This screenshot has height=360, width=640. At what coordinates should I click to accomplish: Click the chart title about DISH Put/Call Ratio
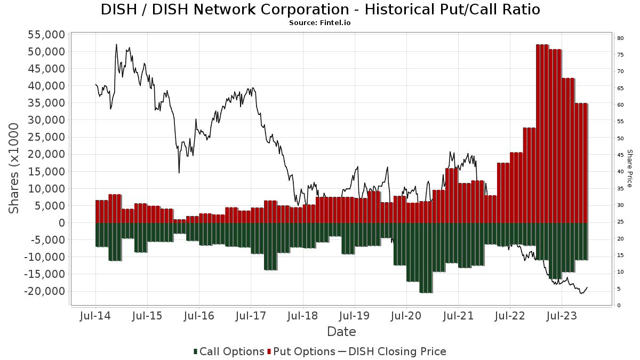point(320,10)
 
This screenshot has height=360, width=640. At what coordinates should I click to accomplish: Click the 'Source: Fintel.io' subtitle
point(319,23)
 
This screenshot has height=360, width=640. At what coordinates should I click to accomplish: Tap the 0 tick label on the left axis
point(61,223)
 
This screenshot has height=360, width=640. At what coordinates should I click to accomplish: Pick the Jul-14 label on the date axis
point(95,316)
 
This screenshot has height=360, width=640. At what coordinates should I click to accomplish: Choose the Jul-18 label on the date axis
point(302,316)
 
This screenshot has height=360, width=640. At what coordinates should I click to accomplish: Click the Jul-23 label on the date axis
point(561,316)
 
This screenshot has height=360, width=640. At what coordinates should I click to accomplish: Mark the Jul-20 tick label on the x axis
point(406,316)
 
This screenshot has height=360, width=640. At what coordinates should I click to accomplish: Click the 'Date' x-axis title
point(341,332)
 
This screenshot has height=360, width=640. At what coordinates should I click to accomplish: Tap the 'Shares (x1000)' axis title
point(14,168)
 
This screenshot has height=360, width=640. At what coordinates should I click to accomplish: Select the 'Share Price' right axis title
point(629,168)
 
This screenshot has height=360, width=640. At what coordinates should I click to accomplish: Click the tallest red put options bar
point(542,133)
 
